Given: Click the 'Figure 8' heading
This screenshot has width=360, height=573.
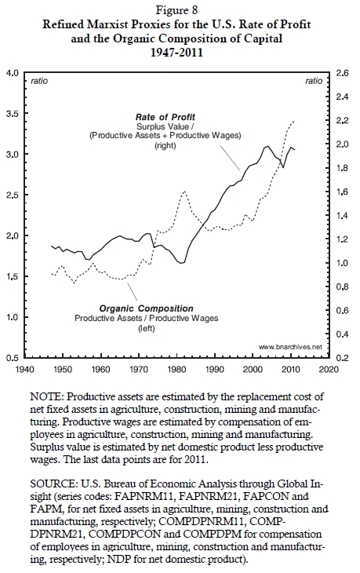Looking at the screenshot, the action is point(176,10).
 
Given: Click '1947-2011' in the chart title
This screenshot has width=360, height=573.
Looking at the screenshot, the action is point(176,53).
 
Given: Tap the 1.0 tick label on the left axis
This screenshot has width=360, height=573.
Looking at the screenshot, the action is point(13,317).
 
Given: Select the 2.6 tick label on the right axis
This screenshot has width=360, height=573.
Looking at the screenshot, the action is point(342,73).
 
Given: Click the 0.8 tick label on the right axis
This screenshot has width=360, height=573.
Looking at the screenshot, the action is point(342,286).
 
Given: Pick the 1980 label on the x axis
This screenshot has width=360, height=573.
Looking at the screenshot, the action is point(176,369).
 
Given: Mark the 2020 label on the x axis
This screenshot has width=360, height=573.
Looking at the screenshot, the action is point(329,369).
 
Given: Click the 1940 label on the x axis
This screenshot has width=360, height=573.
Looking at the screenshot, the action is point(24,369).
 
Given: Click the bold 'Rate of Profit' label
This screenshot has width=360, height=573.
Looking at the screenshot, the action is point(165,117).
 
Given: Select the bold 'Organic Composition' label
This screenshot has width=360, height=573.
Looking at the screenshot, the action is point(147,308).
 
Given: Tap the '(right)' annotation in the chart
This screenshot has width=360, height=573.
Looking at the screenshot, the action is point(165,145).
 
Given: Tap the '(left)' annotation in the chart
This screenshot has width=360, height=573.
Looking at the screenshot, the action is point(147,328).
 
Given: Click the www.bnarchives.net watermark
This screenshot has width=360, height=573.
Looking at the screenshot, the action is point(291,347).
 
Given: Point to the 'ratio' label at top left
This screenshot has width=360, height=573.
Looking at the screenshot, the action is point(39,81).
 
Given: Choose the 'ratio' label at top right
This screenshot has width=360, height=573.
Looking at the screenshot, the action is point(314,81).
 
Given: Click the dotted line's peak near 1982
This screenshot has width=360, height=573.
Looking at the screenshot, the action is point(184,191).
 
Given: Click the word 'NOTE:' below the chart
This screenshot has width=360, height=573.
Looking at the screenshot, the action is point(47,397).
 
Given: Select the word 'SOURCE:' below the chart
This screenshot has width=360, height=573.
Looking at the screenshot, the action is point(53,484).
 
